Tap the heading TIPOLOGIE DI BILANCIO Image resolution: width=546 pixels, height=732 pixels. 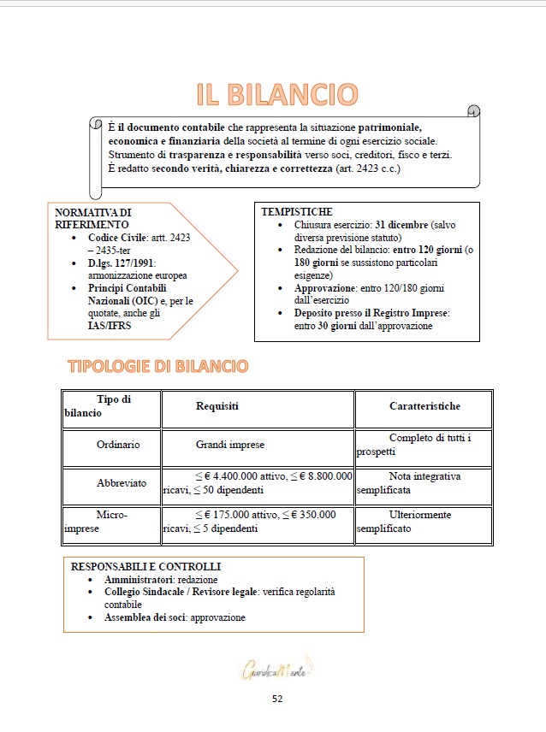(x=157, y=367)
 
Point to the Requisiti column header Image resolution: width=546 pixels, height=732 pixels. (x=217, y=406)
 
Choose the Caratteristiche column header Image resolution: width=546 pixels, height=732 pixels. (x=424, y=406)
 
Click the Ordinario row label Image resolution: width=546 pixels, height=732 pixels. (x=118, y=445)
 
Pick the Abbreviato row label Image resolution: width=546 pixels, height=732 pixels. (x=122, y=483)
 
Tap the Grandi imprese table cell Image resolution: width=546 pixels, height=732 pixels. (x=230, y=445)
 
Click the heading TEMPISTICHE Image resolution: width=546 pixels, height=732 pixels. (x=297, y=211)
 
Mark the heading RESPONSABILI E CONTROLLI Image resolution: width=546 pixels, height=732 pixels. (x=145, y=567)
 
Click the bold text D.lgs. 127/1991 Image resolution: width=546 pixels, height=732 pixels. (x=121, y=263)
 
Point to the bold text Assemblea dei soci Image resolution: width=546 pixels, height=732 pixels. (x=145, y=617)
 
